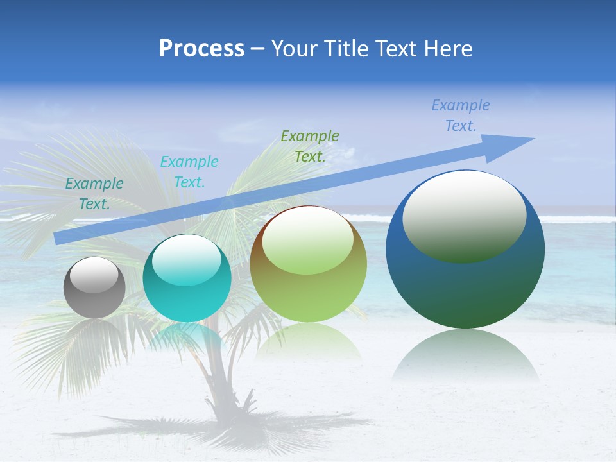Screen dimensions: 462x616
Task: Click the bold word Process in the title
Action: [x=201, y=49]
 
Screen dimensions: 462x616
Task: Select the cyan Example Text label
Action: [x=189, y=172]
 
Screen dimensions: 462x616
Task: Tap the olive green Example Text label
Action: [x=310, y=146]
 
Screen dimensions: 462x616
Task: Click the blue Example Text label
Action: [x=461, y=116]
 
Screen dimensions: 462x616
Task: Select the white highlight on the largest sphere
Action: [x=464, y=215]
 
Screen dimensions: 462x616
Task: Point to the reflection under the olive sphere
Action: [x=308, y=340]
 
